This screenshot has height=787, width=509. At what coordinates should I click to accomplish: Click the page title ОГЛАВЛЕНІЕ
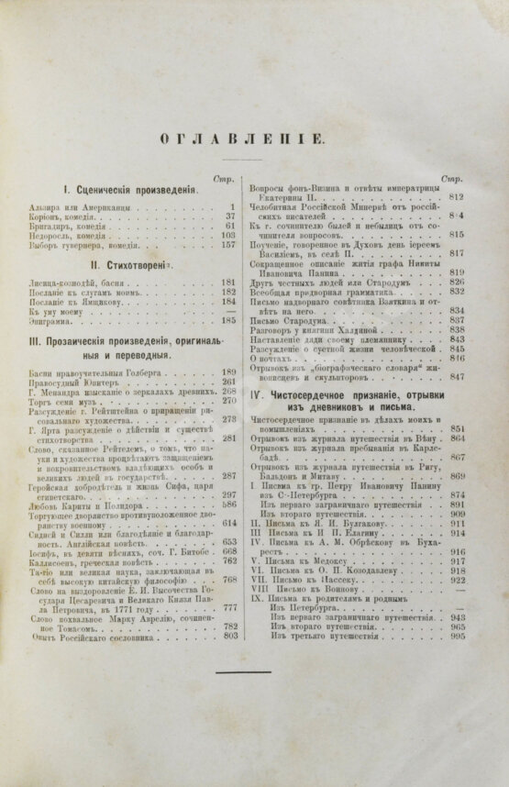point(255,139)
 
